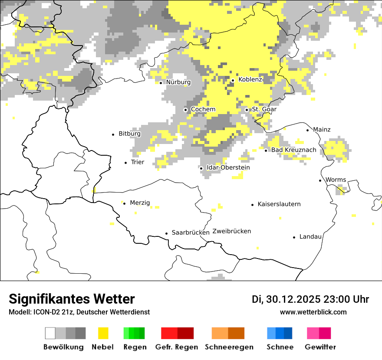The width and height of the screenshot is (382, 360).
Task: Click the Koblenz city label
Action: click(x=250, y=80)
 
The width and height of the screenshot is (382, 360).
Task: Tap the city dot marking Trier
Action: click(x=126, y=163)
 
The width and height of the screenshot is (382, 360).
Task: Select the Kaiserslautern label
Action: click(x=279, y=204)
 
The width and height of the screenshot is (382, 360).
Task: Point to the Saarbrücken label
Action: click(x=191, y=233)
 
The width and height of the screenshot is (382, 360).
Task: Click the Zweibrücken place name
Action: click(x=232, y=231)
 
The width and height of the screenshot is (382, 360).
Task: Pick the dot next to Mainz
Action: click(x=308, y=130)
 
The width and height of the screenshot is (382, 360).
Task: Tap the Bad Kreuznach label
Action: click(x=293, y=150)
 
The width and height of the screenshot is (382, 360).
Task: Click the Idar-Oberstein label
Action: click(x=228, y=168)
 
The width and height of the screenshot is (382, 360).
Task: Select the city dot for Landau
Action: click(x=294, y=237)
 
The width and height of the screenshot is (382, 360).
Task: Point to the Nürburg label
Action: click(x=178, y=82)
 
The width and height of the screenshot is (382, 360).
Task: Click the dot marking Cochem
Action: click(x=186, y=110)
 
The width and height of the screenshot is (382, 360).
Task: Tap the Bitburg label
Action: click(x=129, y=134)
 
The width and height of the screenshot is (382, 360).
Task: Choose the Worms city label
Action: click(x=336, y=180)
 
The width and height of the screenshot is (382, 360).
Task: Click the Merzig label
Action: click(x=140, y=203)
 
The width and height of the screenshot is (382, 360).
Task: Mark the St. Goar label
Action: click(x=264, y=110)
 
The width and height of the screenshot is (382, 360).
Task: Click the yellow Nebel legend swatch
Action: click(x=103, y=333)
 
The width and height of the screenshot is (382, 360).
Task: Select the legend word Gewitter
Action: click(x=320, y=347)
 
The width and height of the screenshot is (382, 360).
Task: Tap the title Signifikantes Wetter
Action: click(x=72, y=299)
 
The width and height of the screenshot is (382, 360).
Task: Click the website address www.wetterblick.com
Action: click(x=313, y=312)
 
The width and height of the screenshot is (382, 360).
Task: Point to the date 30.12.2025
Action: click(x=293, y=299)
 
